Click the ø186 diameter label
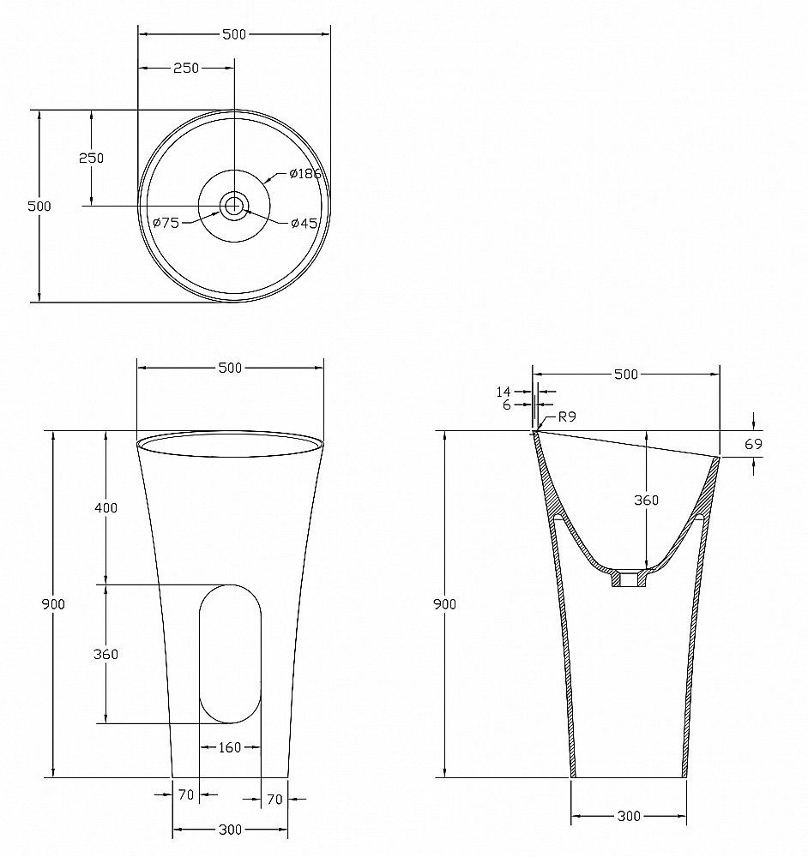point(305,174)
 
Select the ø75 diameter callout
point(166,223)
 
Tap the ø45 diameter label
point(305,224)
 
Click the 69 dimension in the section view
point(753,444)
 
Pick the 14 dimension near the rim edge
point(503,392)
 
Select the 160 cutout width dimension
point(230,747)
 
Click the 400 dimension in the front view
point(106,507)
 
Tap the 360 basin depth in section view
point(646,500)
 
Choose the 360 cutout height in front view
point(106,654)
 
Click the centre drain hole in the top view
point(233,205)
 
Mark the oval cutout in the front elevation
point(230,653)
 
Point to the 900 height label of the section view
point(444,604)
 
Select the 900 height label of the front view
point(53,604)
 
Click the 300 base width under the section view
point(629,816)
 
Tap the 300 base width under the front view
point(230,829)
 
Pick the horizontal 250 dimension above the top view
point(186,68)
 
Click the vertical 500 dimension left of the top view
point(39,206)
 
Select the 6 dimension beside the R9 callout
point(507,405)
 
